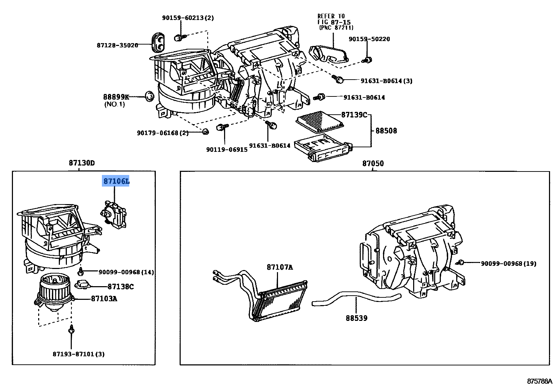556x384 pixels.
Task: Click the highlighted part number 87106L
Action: pos(116,181)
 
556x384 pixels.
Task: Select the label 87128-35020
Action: pos(117,45)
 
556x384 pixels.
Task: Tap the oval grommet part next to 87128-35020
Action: pos(158,42)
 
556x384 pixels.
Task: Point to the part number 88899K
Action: pos(116,97)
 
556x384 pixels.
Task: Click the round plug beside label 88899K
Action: pos(150,96)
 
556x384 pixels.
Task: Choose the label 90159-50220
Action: pos(369,39)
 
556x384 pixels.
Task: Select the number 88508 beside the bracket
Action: pos(386,131)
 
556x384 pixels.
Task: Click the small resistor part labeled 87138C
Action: pos(83,284)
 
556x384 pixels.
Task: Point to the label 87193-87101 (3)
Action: pos(78,354)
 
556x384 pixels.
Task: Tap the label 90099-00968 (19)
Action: pos(508,263)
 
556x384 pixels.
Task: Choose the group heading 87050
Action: pos(373,163)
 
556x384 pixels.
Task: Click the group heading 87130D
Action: pos(82,163)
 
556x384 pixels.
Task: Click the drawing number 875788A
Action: pos(540,381)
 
